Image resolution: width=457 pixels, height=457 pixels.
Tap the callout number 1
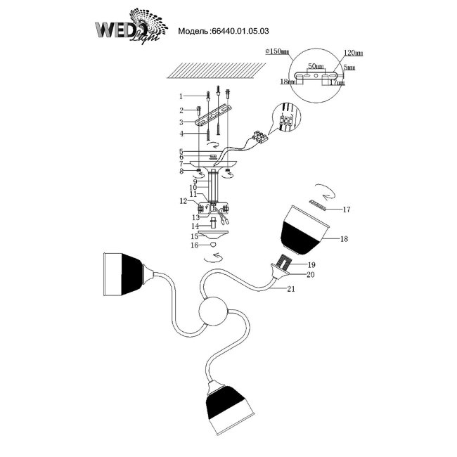pyautogui.click(x=181, y=96)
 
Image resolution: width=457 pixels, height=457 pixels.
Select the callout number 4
pyautogui.click(x=181, y=134)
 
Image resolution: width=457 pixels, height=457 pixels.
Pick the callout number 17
pyautogui.click(x=346, y=210)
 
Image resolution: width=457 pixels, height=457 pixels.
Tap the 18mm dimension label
pyautogui.click(x=286, y=82)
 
